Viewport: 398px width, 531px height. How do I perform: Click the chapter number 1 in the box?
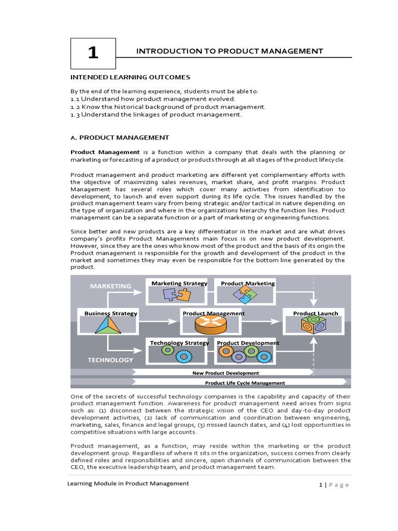[93, 53]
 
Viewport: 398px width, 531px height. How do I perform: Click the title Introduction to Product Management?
[229, 51]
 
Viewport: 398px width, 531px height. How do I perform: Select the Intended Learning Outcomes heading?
[130, 77]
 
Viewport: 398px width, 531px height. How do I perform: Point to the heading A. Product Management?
[120, 137]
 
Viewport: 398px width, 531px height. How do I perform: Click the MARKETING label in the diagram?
[110, 286]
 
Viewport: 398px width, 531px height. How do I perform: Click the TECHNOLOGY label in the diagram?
[110, 359]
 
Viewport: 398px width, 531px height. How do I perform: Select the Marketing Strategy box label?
[179, 283]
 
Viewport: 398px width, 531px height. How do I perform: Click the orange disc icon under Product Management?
[212, 325]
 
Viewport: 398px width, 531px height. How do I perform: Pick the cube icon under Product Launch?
[314, 325]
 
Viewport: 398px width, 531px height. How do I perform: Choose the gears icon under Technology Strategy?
[175, 354]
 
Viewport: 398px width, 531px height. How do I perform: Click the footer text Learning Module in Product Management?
[128, 483]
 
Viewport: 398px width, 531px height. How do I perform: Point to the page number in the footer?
[321, 484]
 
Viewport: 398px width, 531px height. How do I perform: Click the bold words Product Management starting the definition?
[105, 152]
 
